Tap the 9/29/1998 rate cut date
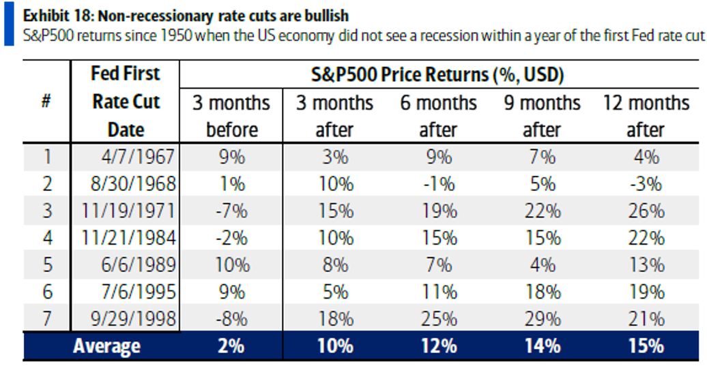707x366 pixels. (132, 318)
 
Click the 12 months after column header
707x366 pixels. (646, 116)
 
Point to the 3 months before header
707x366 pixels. (231, 116)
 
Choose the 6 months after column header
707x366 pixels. (438, 116)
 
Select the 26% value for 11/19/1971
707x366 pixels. (646, 211)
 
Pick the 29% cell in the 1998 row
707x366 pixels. (542, 318)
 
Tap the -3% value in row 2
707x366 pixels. (646, 183)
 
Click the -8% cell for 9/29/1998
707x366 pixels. (231, 318)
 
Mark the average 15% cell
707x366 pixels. (646, 346)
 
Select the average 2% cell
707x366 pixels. (231, 346)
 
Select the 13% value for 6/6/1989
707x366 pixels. (646, 264)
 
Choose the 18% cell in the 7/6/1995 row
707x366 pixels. (542, 292)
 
